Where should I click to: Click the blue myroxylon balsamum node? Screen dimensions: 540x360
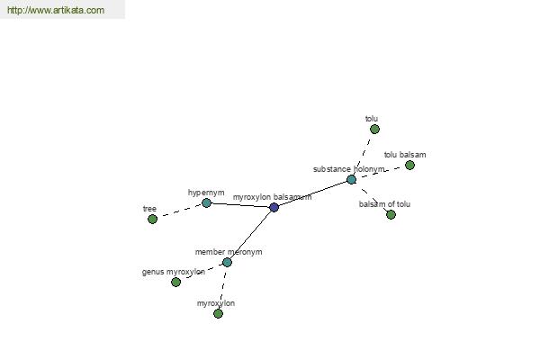pyautogui.click(x=274, y=207)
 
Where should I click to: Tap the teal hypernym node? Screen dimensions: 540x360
pyautogui.click(x=206, y=202)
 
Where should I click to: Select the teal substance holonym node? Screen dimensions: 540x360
pyautogui.click(x=351, y=179)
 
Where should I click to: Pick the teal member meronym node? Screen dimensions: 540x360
pyautogui.click(x=227, y=263)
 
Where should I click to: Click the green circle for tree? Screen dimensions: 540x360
pyautogui.click(x=153, y=219)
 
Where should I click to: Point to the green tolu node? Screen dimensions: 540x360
pyautogui.click(x=374, y=130)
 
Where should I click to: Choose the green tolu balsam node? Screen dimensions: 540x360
pyautogui.click(x=409, y=166)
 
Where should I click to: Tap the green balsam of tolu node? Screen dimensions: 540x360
pyautogui.click(x=391, y=215)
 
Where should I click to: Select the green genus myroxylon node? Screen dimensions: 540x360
pyautogui.click(x=176, y=282)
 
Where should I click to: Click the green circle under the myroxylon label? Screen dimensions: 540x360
pyautogui.click(x=218, y=313)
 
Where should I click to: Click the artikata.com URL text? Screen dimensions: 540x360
pyautogui.click(x=56, y=10)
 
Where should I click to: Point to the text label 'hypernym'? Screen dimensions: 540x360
pyautogui.click(x=206, y=193)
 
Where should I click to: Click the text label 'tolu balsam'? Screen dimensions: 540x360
pyautogui.click(x=405, y=155)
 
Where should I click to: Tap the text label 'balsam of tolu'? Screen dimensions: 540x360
pyautogui.click(x=384, y=204)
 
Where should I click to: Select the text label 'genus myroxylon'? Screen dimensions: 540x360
pyautogui.click(x=174, y=272)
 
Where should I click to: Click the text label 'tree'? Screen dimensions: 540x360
pyautogui.click(x=149, y=209)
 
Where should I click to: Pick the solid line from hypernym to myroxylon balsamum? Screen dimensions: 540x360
pyautogui.click(x=240, y=205)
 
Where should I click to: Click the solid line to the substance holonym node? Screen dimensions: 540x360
pyautogui.click(x=312, y=193)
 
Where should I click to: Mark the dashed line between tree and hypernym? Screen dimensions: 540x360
pyautogui.click(x=179, y=211)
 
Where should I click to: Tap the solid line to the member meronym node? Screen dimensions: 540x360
pyautogui.click(x=250, y=235)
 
